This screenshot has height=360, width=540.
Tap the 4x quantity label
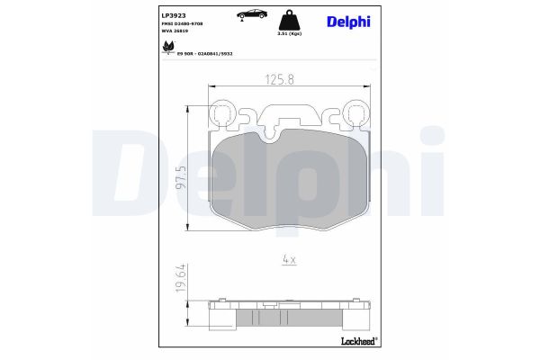tap(288, 258)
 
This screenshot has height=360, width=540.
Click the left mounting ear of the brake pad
tap(220, 113)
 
